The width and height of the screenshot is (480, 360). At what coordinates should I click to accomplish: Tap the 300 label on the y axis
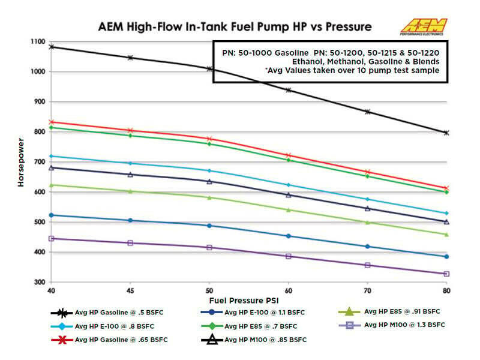coord(40,282)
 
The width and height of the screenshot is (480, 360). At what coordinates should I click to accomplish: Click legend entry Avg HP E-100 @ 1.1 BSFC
coord(257,313)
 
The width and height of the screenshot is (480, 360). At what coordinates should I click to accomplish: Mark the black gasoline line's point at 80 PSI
coord(446,133)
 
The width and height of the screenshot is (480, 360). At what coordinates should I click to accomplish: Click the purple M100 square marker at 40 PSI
coord(52,238)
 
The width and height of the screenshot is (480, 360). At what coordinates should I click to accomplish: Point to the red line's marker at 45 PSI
coord(130,130)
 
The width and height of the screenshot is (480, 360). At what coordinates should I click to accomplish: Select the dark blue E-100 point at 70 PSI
coord(367,247)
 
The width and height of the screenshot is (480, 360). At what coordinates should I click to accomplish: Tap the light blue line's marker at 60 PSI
coord(289,185)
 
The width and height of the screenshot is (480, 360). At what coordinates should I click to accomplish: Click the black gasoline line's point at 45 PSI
coord(130,58)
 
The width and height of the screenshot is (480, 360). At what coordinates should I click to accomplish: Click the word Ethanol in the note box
coord(309,61)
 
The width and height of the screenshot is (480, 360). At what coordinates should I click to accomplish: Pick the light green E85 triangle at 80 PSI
coord(446,234)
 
